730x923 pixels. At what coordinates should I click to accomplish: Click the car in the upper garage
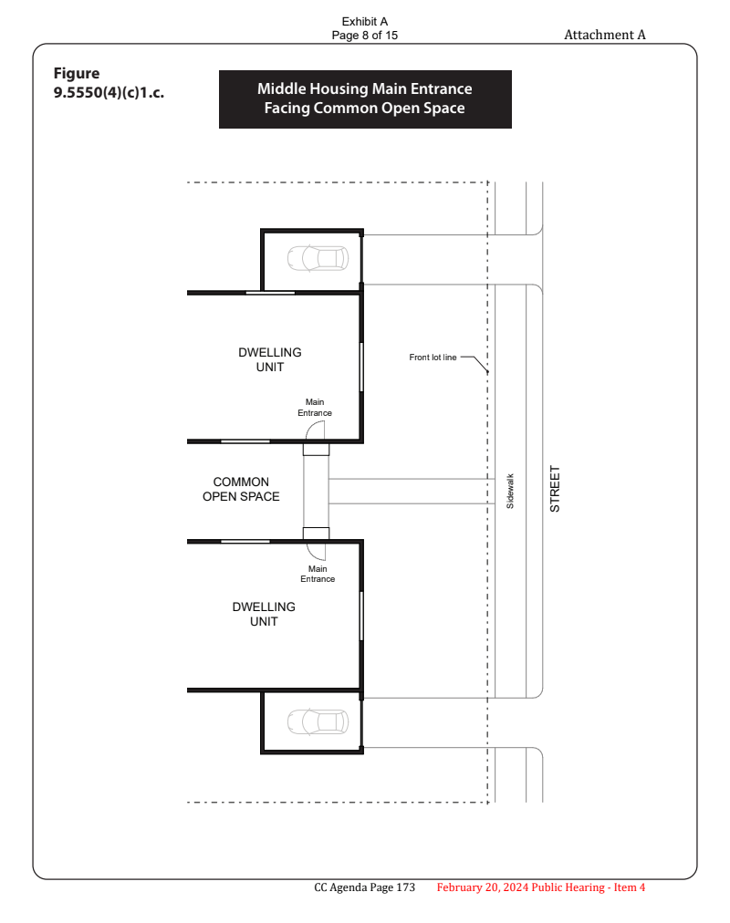[x=318, y=258]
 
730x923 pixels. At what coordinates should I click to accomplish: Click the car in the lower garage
[x=318, y=722]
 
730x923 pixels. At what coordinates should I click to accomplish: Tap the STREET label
[x=555, y=489]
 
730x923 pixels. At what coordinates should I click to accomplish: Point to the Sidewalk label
[x=510, y=491]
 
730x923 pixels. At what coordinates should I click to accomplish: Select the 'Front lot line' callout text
[x=433, y=358]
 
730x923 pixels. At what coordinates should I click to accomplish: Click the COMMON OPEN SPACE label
[x=241, y=489]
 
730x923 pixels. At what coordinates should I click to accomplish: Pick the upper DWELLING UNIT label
[x=269, y=359]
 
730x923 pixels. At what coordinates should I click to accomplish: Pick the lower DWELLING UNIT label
[x=264, y=614]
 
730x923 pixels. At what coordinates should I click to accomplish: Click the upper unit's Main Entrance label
[x=315, y=408]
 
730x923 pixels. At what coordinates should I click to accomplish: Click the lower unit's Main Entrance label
[x=318, y=574]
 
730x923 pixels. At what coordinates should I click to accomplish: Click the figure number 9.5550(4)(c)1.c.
[x=109, y=93]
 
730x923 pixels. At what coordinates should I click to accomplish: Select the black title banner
[x=365, y=99]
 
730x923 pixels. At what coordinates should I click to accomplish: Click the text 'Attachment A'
[x=605, y=35]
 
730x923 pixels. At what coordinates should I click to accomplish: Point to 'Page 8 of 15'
[x=364, y=36]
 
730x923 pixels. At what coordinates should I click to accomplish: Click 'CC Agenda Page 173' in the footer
[x=364, y=887]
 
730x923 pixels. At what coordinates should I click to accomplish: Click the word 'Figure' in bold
[x=77, y=74]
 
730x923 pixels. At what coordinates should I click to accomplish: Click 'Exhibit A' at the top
[x=364, y=22]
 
